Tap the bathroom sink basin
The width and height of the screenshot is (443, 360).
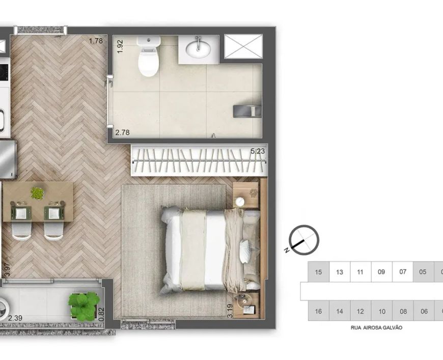point(198,49)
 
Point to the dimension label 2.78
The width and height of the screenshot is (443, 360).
point(122,132)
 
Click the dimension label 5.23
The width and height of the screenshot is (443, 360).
point(258,151)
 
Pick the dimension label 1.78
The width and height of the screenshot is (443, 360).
point(96,41)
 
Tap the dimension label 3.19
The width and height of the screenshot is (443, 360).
point(230,311)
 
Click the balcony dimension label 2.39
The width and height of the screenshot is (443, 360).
point(15,318)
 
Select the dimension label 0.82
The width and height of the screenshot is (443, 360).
point(102,315)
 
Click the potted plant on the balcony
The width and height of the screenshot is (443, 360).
point(84,307)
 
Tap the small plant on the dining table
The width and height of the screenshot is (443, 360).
point(37,193)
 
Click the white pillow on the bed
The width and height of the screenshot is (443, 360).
point(245,251)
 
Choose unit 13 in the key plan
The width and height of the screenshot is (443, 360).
point(340,272)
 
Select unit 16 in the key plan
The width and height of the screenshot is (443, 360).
point(318,311)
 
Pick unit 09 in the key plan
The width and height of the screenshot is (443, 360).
point(381,272)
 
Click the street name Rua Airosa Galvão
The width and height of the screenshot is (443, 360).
point(376,328)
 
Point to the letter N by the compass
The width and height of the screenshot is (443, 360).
point(287,250)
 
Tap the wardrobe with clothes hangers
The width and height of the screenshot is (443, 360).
point(199,160)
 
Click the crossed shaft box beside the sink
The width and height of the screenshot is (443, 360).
point(243,46)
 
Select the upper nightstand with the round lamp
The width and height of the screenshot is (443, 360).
point(246,195)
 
